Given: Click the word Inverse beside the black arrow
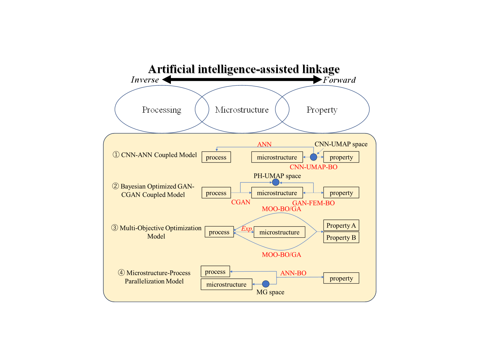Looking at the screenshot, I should pos(145,80).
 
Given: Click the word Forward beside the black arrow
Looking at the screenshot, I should pos(339,80).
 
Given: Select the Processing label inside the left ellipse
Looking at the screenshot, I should pos(162,110).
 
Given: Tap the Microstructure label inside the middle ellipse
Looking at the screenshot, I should pos(242,110).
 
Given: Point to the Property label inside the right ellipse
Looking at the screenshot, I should pos(322,110).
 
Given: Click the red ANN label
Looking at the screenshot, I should pos(264,144).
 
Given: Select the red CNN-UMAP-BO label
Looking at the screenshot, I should pos(313,167).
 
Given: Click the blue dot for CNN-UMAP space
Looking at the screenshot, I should pos(314,157).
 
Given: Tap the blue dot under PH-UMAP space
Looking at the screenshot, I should pos(276,182).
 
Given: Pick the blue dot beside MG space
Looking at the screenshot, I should pos(266,284).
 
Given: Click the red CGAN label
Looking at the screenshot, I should pos(241,202).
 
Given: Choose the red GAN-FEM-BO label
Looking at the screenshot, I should pos(313,203).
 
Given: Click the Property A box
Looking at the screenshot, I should pos(341,225).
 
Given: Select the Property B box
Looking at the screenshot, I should pos(341,237).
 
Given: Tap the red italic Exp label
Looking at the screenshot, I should pos(246,228).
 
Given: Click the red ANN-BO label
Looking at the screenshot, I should pos(293,273).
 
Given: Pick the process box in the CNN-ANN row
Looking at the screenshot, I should pos(216,157).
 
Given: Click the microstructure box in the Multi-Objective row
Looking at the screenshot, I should pos(279,232).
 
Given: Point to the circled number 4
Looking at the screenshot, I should pos(121,273).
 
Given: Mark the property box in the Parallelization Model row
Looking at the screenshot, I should pos(341,278).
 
